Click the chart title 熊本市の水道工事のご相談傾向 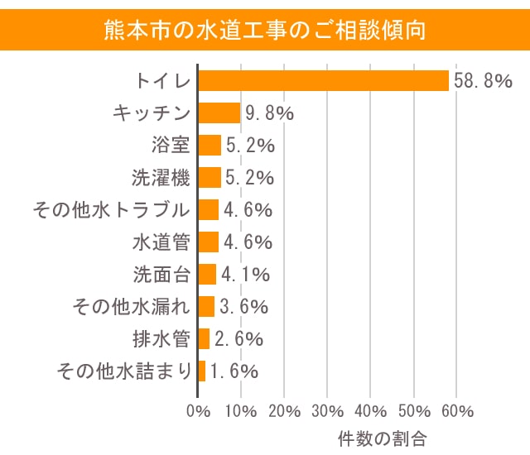(x=265, y=31)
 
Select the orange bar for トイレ (x=323, y=81)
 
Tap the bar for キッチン (x=219, y=113)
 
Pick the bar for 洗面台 (x=207, y=274)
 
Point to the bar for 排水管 (x=204, y=338)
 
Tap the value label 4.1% (x=245, y=274)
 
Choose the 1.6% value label (x=234, y=371)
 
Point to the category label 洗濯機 (x=161, y=178)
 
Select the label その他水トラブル (x=111, y=210)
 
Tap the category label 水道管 (x=161, y=242)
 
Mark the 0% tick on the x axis (x=198, y=411)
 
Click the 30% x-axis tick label (x=328, y=411)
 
